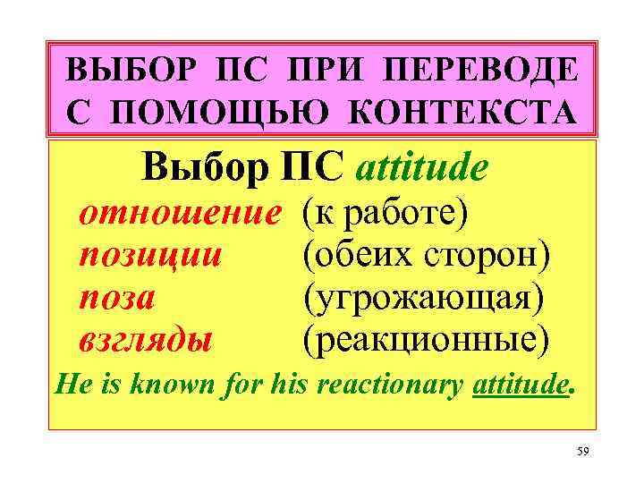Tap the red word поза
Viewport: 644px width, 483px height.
[x=117, y=296]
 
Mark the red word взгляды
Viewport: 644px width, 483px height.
[x=146, y=339]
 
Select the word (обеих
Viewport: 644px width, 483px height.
[x=354, y=254]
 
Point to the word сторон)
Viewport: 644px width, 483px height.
[x=483, y=254]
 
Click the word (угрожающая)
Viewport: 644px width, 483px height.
[x=423, y=296]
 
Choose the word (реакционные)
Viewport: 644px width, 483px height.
[x=427, y=339]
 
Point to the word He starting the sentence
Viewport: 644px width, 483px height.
[x=72, y=386]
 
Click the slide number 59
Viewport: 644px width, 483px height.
[x=583, y=452]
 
